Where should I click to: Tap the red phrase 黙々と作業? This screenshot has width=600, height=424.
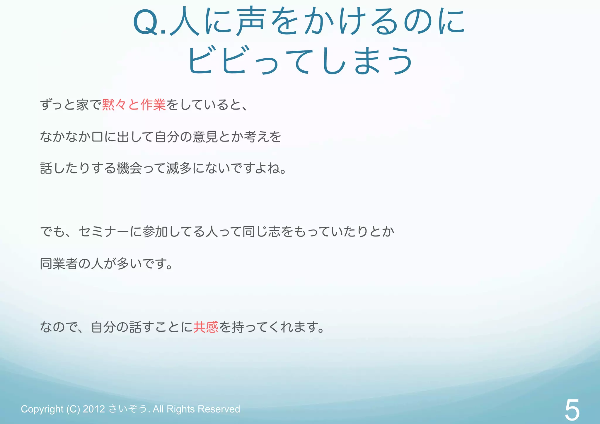tap(134, 105)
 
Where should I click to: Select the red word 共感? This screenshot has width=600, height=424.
tap(206, 327)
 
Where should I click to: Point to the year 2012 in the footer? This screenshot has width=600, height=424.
tap(94, 409)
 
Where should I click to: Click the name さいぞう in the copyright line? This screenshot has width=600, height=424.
tap(128, 409)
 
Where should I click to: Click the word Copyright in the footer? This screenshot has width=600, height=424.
tap(42, 409)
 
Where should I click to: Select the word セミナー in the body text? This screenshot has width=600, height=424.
tap(104, 232)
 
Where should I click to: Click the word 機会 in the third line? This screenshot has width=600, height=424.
tap(129, 168)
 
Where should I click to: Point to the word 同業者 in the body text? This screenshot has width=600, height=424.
tap(59, 264)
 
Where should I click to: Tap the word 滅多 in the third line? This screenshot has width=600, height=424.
tap(179, 168)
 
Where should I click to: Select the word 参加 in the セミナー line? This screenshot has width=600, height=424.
tap(155, 232)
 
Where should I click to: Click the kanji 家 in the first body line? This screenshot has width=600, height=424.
tap(83, 105)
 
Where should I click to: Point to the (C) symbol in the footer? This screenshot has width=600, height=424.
tap(73, 409)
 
